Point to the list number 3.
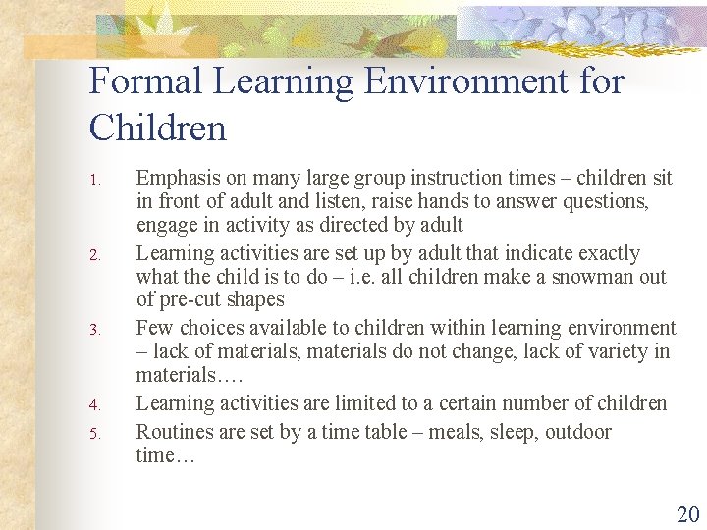point(95,330)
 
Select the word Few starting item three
point(152,328)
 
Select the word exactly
point(605,253)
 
